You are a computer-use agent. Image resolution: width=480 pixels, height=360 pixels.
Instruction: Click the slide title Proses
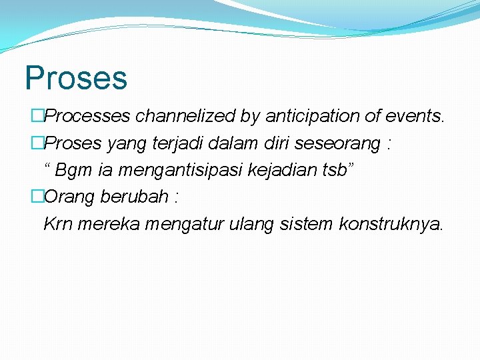point(75,77)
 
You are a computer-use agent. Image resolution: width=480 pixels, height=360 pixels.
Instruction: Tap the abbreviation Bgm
point(74,171)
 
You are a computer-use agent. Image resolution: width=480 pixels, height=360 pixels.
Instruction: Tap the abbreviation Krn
point(58,224)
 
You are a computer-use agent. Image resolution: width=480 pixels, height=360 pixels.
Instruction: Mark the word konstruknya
point(390,225)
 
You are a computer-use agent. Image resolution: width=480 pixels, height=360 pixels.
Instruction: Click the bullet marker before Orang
point(37,197)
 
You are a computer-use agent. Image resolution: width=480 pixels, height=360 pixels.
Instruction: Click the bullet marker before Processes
point(37,117)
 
